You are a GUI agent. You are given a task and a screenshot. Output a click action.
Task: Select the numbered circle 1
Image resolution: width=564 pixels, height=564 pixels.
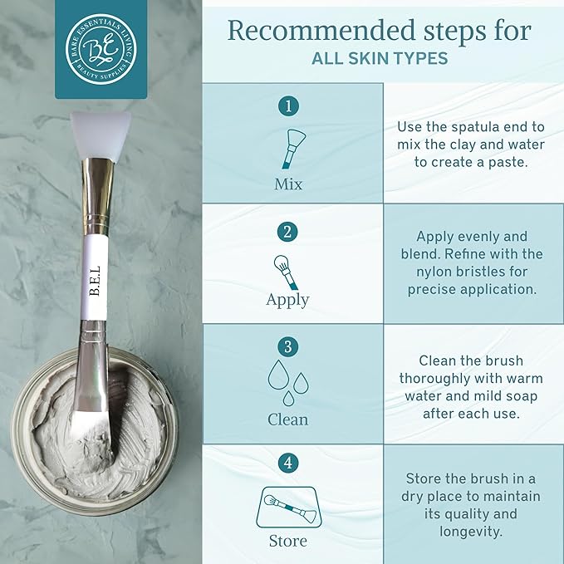[287, 106]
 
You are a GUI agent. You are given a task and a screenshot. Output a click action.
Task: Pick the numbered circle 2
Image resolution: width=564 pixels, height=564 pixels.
[287, 233]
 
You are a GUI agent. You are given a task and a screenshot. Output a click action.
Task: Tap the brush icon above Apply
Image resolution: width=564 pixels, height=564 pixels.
[287, 271]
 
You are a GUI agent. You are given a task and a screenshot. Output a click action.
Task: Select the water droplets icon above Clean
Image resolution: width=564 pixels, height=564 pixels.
[287, 382]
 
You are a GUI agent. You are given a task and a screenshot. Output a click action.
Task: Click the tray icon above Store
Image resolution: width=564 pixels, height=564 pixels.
[287, 505]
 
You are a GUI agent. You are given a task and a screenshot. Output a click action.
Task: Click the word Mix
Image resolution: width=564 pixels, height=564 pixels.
[288, 184]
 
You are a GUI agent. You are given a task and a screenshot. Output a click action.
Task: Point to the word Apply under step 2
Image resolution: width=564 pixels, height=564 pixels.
[287, 300]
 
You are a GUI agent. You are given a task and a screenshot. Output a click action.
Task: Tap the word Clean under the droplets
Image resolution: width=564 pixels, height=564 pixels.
[287, 419]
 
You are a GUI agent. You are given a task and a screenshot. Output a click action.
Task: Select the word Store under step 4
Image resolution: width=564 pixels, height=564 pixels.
[287, 541]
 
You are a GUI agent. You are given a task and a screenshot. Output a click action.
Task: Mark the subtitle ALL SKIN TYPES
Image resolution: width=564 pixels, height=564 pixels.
[380, 60]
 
